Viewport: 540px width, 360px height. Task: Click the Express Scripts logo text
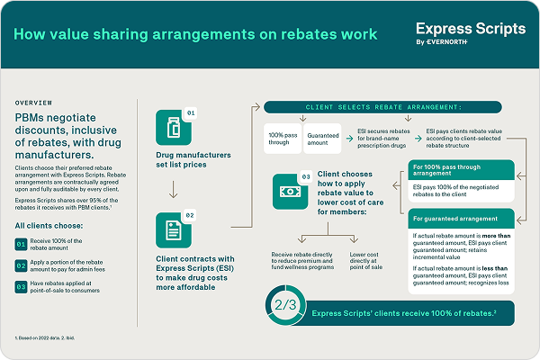coord(472,29)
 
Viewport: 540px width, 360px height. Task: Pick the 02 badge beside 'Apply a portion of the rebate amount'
coord(22,265)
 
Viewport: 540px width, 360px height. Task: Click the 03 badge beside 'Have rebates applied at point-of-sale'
coord(22,287)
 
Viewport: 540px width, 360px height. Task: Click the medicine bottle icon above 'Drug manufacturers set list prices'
coord(170,126)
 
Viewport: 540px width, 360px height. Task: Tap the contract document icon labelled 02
coord(170,229)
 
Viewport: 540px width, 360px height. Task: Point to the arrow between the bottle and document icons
coord(171,190)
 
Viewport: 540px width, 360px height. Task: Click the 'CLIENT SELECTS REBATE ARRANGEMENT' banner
coord(388,107)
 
